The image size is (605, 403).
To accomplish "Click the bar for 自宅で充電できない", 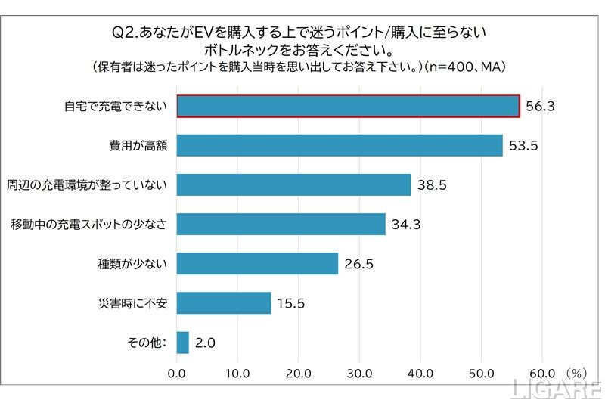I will pyautogui.click(x=348, y=106).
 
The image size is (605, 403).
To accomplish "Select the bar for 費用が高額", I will pyautogui.click(x=340, y=145).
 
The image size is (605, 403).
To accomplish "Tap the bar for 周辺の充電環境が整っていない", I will pyautogui.click(x=294, y=184).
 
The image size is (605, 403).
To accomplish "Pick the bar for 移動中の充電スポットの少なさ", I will pyautogui.click(x=281, y=225).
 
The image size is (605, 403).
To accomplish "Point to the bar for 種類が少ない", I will pyautogui.click(x=257, y=264).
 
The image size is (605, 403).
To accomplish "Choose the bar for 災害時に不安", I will pyautogui.click(x=224, y=303).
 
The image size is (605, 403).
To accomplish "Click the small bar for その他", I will pyautogui.click(x=183, y=343).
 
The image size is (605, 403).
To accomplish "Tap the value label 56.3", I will pyautogui.click(x=541, y=107).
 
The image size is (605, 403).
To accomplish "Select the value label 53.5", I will pyautogui.click(x=523, y=146).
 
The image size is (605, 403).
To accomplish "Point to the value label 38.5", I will pyautogui.click(x=432, y=185).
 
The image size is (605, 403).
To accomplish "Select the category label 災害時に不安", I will pyautogui.click(x=136, y=303).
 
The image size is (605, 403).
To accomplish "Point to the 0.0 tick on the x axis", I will pyautogui.click(x=177, y=373).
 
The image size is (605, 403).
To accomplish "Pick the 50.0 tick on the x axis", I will pyautogui.click(x=481, y=373).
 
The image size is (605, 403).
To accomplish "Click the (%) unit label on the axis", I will pyautogui.click(x=576, y=373).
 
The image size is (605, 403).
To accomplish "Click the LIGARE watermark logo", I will pyautogui.click(x=557, y=389).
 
